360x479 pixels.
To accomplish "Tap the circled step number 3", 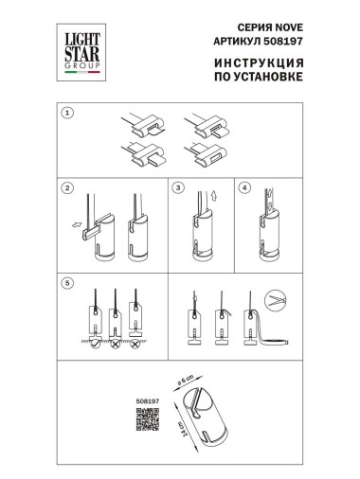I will [178, 186].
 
